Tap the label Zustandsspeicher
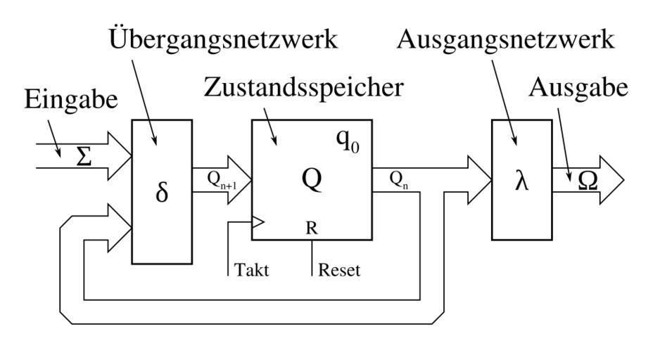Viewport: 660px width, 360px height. pos(303,88)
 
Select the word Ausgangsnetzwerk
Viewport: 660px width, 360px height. pos(505,40)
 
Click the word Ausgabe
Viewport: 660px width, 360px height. pos(579,88)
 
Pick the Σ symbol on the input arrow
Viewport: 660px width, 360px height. pos(84,156)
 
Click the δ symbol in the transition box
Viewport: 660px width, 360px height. pos(162,193)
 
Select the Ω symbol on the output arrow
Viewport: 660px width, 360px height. pos(588,181)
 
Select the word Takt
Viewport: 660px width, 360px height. pos(250,270)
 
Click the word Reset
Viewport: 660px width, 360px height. pos(339,270)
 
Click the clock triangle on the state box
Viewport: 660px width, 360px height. pos(258,223)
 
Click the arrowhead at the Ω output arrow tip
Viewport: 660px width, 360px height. pos(611,181)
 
